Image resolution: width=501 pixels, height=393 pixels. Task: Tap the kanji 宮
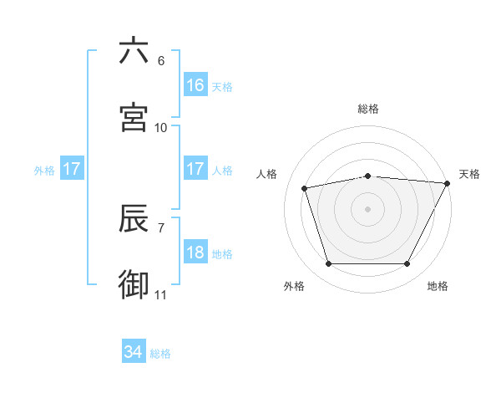click(134, 117)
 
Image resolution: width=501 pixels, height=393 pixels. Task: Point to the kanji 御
click(134, 284)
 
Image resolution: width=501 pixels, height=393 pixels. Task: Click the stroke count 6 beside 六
click(161, 60)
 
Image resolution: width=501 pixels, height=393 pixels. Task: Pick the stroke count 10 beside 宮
click(161, 127)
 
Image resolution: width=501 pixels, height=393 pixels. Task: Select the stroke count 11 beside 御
click(161, 294)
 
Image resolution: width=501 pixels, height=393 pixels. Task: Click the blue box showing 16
click(195, 85)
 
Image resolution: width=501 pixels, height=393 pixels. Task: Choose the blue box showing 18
click(195, 253)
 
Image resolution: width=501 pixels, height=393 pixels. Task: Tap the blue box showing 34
click(133, 352)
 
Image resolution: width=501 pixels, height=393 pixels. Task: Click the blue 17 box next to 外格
click(72, 169)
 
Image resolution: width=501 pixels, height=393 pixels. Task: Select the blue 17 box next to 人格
click(195, 169)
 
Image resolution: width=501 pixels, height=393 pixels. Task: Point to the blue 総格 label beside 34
click(160, 354)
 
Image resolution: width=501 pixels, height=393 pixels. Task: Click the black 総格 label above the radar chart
click(368, 109)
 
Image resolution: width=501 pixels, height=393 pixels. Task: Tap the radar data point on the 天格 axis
click(448, 183)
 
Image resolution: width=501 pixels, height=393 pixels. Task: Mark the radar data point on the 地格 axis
click(407, 264)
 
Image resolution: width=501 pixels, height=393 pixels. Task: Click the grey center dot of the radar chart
click(368, 209)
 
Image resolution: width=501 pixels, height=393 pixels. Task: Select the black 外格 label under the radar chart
click(294, 287)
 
